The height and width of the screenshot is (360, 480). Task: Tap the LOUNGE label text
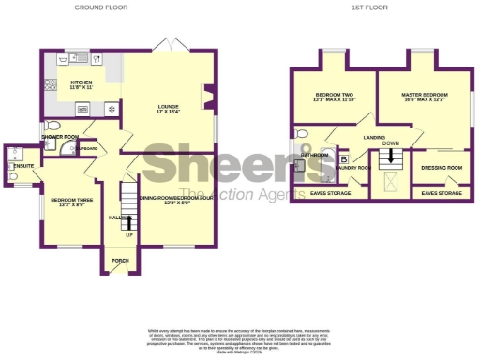(x=168, y=108)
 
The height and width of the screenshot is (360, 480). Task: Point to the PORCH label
(x=120, y=260)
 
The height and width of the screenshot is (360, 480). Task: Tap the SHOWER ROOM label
(x=58, y=137)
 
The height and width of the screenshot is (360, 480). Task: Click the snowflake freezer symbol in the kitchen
(x=112, y=109)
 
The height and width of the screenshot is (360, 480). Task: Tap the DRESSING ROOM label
(x=442, y=168)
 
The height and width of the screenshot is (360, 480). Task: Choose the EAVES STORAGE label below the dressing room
(x=442, y=193)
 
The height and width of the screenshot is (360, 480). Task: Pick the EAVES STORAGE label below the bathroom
(x=330, y=193)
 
